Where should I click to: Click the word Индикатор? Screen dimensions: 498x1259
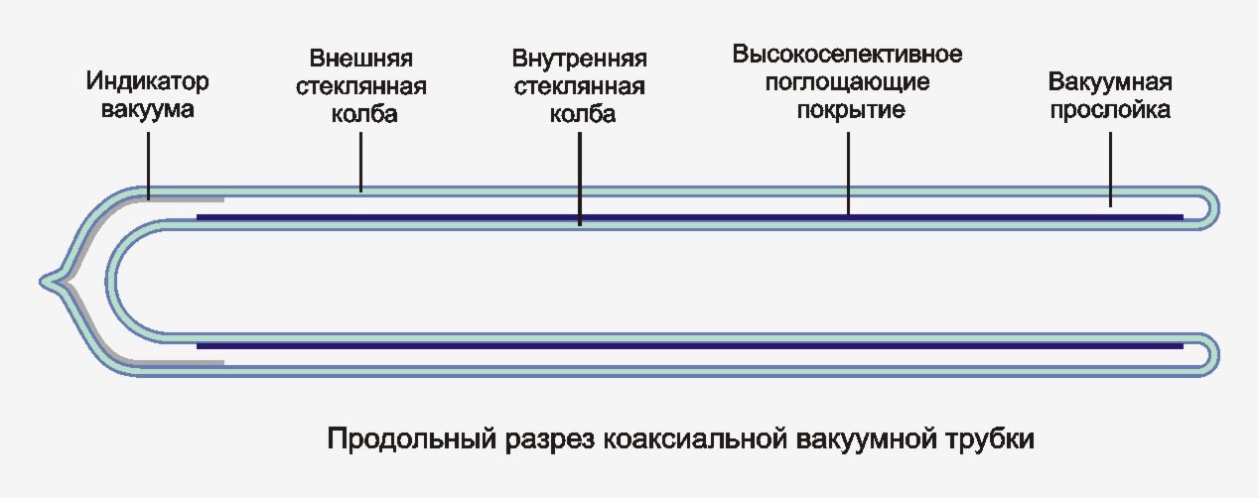pyautogui.click(x=148, y=80)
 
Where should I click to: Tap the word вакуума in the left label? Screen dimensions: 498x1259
pyautogui.click(x=148, y=108)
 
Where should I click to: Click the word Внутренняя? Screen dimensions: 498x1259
pyautogui.click(x=580, y=57)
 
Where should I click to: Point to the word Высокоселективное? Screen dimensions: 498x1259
pyautogui.click(x=848, y=51)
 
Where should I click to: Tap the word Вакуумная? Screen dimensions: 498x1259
pyautogui.click(x=1111, y=81)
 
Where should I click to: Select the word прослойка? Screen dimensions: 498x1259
pyautogui.click(x=1111, y=109)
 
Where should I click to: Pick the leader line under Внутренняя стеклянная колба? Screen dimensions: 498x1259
pyautogui.click(x=580, y=179)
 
